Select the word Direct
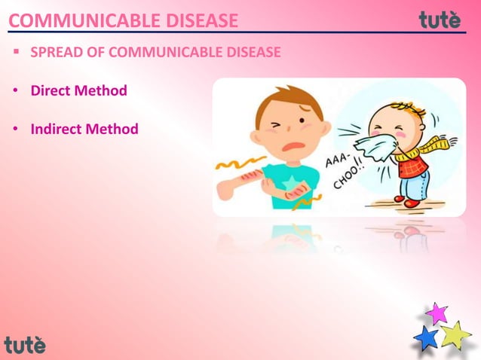(53, 91)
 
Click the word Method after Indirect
(114, 130)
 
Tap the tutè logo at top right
(440, 20)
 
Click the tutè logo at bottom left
(25, 345)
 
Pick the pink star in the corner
(437, 313)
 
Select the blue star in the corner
(427, 337)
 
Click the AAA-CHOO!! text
(345, 170)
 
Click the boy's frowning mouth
(298, 145)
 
